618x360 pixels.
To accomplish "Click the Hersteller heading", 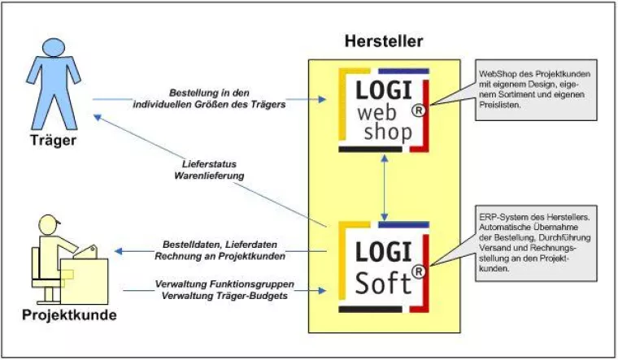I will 383,41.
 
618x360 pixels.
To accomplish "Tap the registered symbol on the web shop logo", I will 417,113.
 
